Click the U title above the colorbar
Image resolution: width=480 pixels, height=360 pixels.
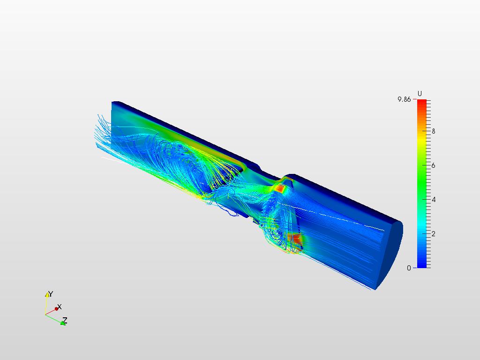coord(420,94)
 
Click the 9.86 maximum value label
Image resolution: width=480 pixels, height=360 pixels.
coord(404,99)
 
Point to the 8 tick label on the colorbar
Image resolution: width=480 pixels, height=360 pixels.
coord(434,131)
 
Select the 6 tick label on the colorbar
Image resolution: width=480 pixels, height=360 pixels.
coord(434,165)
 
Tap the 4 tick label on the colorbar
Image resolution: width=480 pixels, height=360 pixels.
coord(434,200)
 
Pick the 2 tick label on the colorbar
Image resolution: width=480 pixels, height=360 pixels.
coord(434,234)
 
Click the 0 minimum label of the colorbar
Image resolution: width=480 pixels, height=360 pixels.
coord(409,268)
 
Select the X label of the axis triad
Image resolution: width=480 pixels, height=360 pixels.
coord(60,307)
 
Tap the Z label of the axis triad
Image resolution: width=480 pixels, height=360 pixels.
coord(65,321)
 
